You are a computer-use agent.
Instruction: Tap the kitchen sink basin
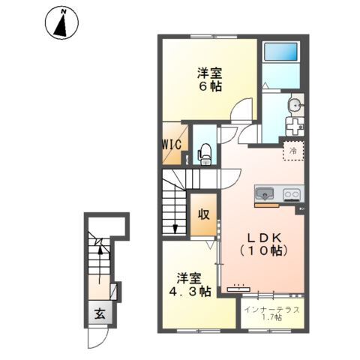click(263, 194)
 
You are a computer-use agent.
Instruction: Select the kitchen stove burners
click(290, 195)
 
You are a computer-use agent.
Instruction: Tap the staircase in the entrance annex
click(98, 259)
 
